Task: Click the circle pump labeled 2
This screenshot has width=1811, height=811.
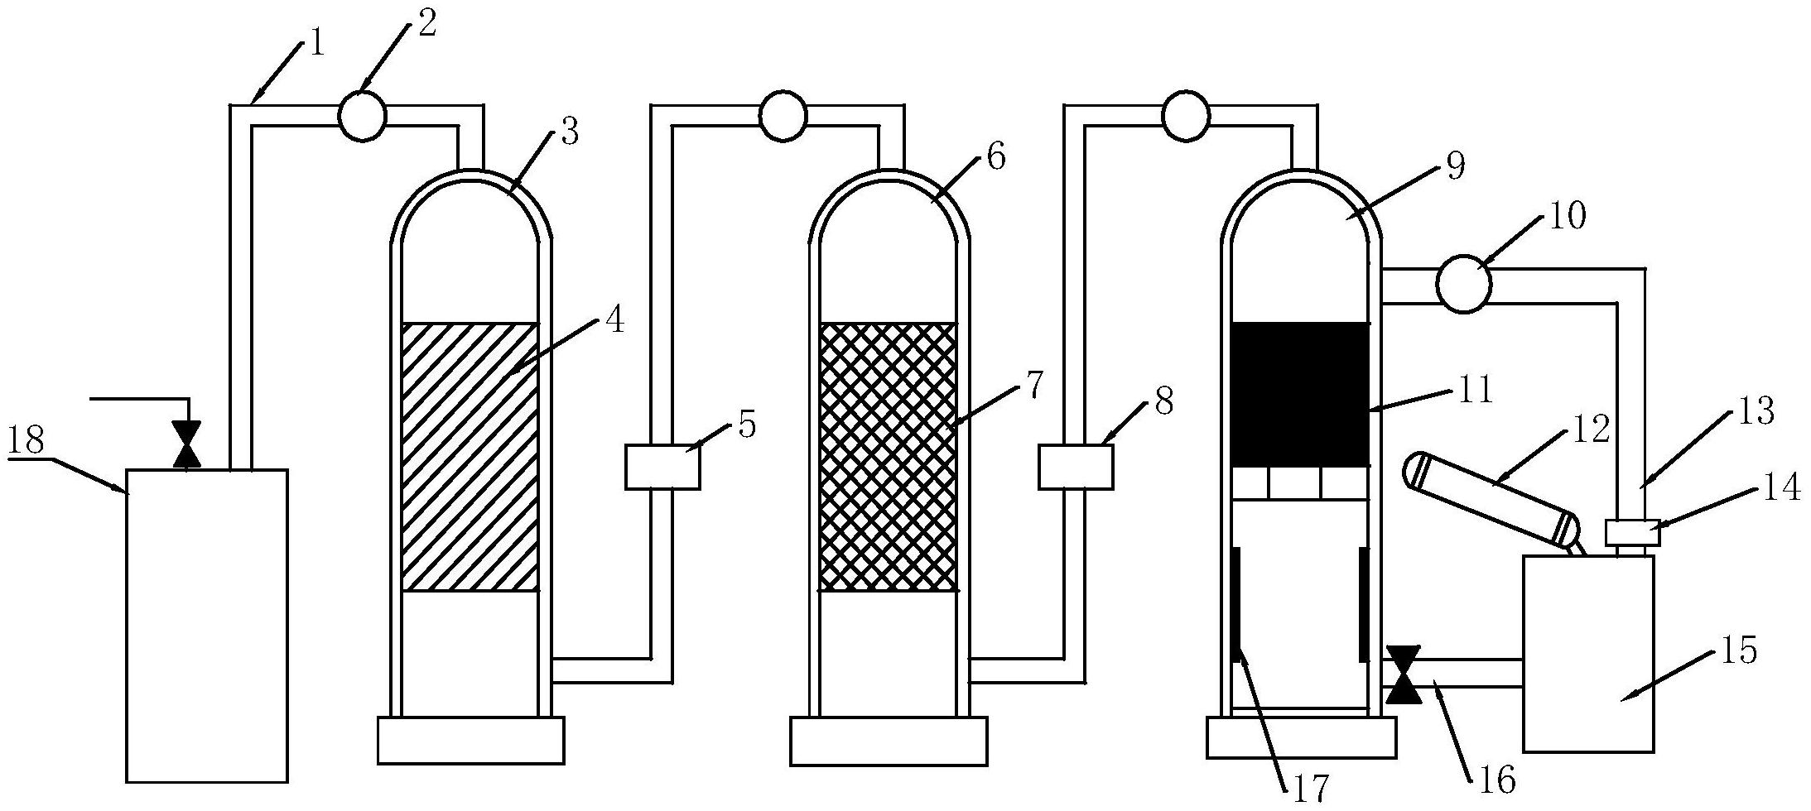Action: point(362,116)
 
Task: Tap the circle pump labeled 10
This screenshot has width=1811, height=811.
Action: point(1463,284)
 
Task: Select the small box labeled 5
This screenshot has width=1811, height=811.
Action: point(662,467)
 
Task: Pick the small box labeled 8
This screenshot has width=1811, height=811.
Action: point(1076,467)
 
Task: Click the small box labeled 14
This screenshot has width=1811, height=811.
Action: point(1632,531)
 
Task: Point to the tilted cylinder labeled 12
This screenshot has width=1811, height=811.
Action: point(1491,501)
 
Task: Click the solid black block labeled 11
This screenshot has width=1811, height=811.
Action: point(1300,394)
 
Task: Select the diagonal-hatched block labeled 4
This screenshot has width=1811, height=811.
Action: point(470,457)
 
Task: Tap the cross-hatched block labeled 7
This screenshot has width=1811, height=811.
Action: point(887,457)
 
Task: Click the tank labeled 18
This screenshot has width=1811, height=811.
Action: point(207,626)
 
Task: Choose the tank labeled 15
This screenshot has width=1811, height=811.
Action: point(1588,654)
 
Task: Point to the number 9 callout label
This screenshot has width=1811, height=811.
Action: point(1454,166)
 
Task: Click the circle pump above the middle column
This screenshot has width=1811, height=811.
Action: point(783,116)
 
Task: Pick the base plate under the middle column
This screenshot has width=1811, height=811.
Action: point(889,741)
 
